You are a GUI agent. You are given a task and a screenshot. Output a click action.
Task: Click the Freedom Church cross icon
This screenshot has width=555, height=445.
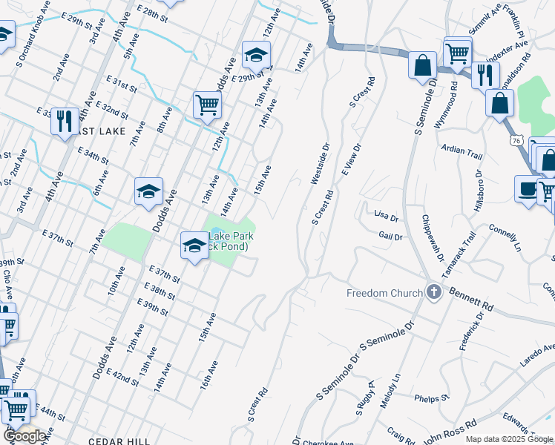pyautogui.click(x=433, y=293)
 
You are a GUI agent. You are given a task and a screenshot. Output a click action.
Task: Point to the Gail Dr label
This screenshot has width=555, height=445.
pyautogui.click(x=390, y=237)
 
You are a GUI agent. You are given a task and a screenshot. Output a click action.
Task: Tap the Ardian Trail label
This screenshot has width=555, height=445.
pyautogui.click(x=462, y=152)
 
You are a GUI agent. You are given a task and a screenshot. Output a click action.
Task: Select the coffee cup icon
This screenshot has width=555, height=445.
pyautogui.click(x=528, y=188)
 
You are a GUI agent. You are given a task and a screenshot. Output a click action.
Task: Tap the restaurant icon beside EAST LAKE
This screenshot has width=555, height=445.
pyautogui.click(x=65, y=119)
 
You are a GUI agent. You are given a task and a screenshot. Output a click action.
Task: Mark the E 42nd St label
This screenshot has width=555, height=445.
pyautogui.click(x=123, y=377)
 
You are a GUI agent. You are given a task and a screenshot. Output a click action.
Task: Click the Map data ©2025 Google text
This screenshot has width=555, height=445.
pyautogui.click(x=509, y=439)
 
